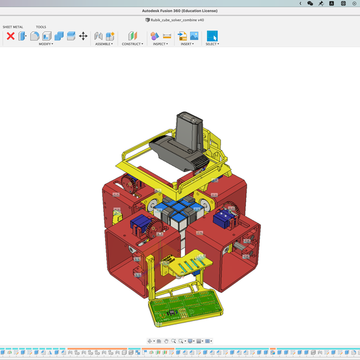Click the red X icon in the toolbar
tap(10, 36)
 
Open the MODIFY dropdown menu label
tap(46, 44)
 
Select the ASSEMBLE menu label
tap(104, 44)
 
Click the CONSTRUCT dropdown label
tap(132, 44)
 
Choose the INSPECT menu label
tap(160, 44)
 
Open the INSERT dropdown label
tap(188, 44)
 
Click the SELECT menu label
tap(212, 44)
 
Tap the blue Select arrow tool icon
tap(212, 36)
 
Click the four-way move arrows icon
tap(83, 36)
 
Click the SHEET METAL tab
tap(13, 27)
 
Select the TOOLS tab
tap(41, 27)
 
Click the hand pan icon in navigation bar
tap(166, 341)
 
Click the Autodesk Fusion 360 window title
tap(180, 11)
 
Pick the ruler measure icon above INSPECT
tap(167, 36)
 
